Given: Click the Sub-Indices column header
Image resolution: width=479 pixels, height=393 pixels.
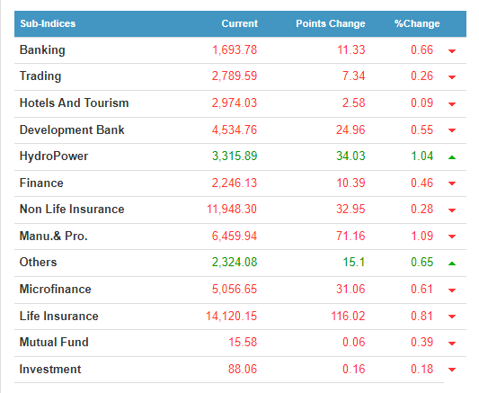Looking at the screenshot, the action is pos(48,23).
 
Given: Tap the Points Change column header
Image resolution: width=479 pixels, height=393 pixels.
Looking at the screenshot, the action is pos(331,23).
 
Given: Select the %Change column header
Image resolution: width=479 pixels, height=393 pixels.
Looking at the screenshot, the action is pos(417,23).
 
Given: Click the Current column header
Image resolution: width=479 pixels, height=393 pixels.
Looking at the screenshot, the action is pos(239,23).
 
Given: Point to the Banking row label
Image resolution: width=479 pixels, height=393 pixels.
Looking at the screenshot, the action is pos(42,50).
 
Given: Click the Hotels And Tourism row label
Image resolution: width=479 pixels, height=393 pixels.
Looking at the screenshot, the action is pos(74,103).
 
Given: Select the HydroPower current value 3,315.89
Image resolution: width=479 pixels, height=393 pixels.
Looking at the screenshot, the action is pos(235,156).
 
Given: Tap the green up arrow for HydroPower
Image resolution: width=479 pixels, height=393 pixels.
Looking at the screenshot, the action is pos(452,157).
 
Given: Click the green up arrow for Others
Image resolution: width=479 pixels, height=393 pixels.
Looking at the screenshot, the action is pos(452,263).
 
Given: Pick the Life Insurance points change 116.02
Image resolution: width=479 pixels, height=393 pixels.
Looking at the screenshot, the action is pos(349,316).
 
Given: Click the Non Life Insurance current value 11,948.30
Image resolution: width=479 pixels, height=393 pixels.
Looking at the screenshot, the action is pos(232,210).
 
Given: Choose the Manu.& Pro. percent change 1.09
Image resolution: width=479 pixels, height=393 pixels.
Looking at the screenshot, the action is pos(421,236).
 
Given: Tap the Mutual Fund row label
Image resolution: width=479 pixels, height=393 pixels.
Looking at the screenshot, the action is pos(54,343).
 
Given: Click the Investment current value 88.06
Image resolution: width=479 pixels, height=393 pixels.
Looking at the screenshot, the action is pos(243,369).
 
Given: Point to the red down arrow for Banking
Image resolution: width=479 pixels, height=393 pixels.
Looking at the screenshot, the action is pos(452,51).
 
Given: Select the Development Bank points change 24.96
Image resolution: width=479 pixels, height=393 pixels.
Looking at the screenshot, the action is pos(350,130).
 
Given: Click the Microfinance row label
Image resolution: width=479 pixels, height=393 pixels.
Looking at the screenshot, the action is pos(56,289).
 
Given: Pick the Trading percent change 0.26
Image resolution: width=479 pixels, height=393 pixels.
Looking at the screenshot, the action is pos(421,76).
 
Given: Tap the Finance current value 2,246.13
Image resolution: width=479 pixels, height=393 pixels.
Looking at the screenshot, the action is pos(235,183).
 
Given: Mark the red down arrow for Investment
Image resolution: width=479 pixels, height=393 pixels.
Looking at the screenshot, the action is pos(452,370).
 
